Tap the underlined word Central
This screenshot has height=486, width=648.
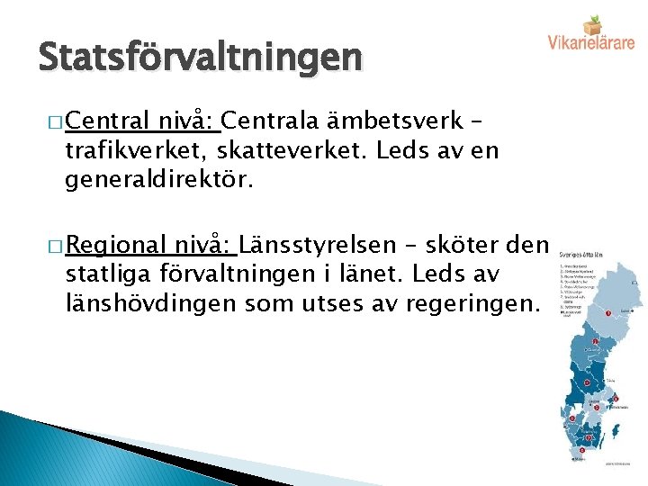point(109,120)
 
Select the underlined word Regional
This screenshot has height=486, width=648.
point(117,245)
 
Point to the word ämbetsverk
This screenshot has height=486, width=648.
point(390,120)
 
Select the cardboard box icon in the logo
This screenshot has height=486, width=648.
point(591,22)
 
